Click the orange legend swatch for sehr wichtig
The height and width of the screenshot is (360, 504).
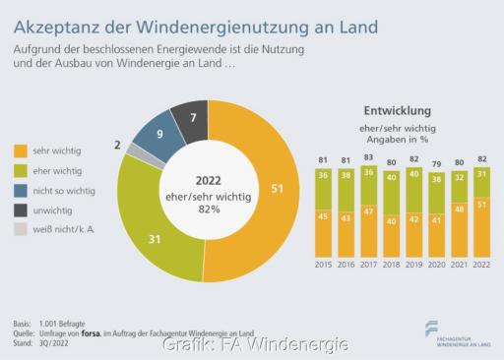(x=21, y=150)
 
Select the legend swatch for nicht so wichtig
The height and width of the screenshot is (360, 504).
(x=21, y=190)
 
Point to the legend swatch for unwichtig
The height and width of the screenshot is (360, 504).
(x=21, y=210)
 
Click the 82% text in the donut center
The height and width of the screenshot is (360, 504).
(x=208, y=210)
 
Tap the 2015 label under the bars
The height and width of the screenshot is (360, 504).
(x=322, y=265)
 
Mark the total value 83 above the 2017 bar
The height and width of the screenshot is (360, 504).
(x=369, y=157)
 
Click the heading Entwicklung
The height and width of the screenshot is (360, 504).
(x=405, y=111)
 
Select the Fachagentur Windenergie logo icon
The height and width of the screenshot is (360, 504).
(x=432, y=329)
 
